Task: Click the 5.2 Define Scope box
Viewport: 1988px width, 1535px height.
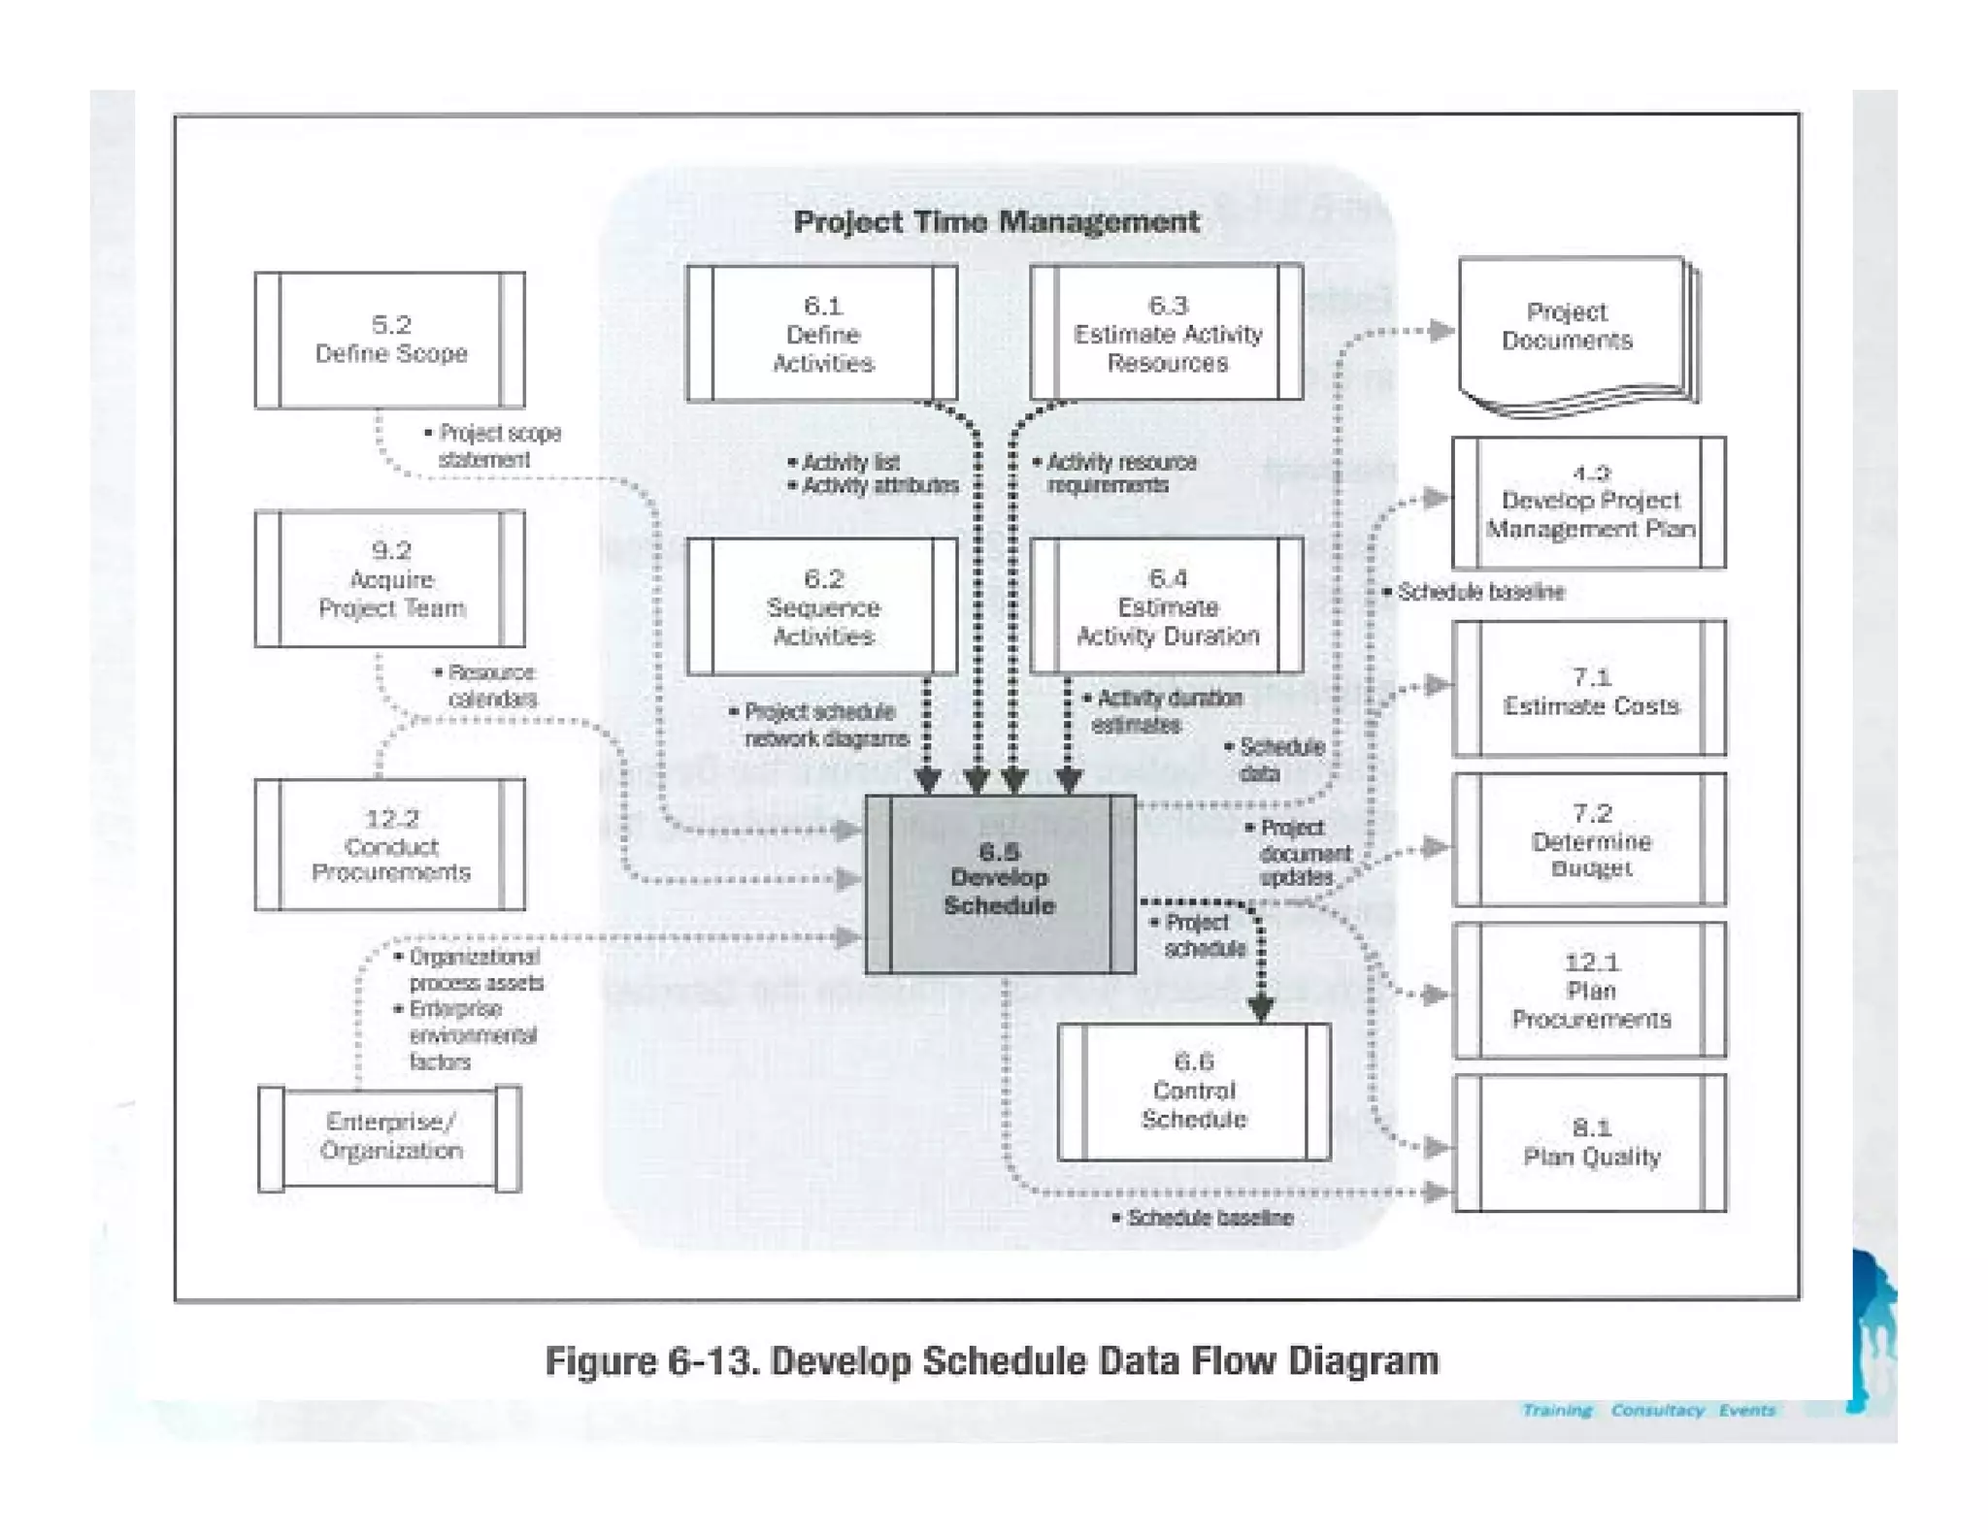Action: [390, 340]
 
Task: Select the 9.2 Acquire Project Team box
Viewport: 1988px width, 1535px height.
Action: [390, 579]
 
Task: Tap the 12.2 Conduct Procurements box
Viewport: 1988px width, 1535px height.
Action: [390, 845]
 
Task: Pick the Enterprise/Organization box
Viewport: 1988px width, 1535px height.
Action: [390, 1137]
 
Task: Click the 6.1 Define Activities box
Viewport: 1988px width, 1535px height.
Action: [822, 334]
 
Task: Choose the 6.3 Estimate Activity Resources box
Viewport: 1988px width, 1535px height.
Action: [1167, 333]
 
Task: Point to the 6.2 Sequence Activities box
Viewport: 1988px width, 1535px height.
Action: [822, 607]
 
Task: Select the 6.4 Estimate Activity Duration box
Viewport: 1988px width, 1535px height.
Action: [1167, 606]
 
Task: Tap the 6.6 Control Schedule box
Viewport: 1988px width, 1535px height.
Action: [1194, 1091]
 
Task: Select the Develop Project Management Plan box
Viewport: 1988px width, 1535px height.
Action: [1589, 503]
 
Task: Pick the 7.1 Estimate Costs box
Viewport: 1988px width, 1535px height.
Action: [1589, 689]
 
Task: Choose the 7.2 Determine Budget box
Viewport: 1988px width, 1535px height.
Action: [1589, 840]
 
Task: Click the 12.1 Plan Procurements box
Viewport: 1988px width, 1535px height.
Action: [1589, 990]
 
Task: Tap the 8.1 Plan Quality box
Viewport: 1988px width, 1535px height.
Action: [1589, 1143]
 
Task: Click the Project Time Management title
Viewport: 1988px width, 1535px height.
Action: [996, 222]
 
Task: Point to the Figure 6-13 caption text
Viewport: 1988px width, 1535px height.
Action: [991, 1361]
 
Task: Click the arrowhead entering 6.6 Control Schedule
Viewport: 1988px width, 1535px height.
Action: [1261, 1009]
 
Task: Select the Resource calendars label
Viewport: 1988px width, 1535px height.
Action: [490, 685]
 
